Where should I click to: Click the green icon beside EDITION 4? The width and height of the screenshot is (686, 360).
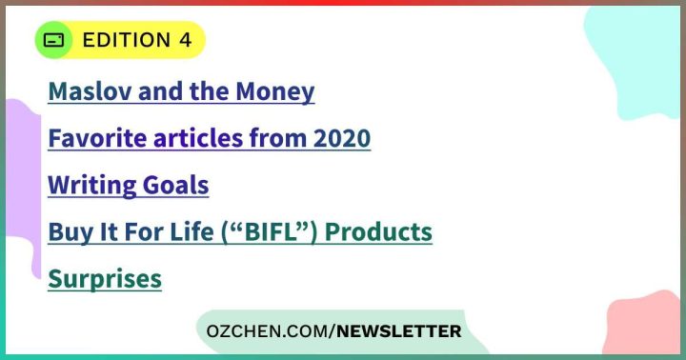[x=55, y=40]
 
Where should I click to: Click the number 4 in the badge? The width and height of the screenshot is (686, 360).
[x=185, y=40]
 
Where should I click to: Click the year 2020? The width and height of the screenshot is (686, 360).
[x=340, y=139]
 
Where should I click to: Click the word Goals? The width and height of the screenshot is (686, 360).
[x=180, y=185]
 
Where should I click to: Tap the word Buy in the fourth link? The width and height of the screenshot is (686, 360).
[x=68, y=231]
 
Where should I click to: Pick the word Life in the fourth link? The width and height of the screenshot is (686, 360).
[x=192, y=231]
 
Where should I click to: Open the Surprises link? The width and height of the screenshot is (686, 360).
[x=105, y=278]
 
